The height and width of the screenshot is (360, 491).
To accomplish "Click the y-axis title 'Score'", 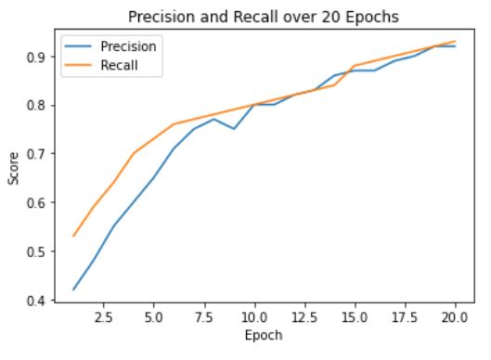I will [12, 170].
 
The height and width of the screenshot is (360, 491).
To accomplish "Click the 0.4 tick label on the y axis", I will [35, 300].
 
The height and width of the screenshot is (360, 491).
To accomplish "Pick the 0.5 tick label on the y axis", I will [35, 251].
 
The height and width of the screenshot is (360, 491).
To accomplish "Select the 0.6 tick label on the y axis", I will [35, 202].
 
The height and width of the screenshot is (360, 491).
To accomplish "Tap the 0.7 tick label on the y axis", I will [35, 154].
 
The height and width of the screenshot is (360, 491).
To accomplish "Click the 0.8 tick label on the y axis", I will [35, 105].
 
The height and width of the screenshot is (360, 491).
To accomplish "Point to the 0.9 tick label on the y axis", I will [35, 57].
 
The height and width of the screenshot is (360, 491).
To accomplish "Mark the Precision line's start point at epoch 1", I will [73, 289].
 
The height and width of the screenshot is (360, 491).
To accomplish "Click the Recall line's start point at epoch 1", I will [73, 236].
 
